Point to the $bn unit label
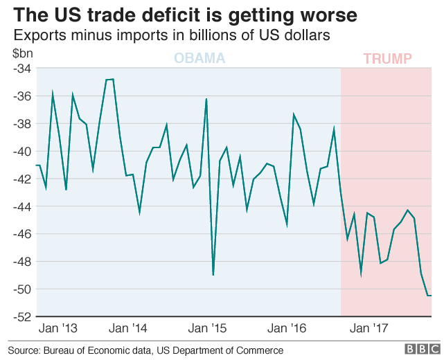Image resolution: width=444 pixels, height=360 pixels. pyautogui.click(x=22, y=53)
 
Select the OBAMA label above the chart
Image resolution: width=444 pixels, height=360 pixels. pyautogui.click(x=199, y=58)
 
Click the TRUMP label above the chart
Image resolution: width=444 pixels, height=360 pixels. pyautogui.click(x=387, y=59)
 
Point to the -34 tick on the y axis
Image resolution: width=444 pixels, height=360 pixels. pyautogui.click(x=21, y=69)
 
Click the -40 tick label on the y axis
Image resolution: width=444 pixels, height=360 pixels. pyautogui.click(x=21, y=151)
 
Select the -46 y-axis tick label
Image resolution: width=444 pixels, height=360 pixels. pyautogui.click(x=21, y=234)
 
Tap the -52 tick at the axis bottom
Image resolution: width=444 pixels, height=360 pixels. pyautogui.click(x=21, y=316)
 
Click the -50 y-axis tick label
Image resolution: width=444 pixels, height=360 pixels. pyautogui.click(x=21, y=289)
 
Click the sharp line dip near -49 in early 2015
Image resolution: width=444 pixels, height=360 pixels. pyautogui.click(x=213, y=275)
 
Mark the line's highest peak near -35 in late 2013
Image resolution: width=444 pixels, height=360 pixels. pyautogui.click(x=109, y=79)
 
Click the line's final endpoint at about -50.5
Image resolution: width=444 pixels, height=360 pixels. pyautogui.click(x=432, y=296)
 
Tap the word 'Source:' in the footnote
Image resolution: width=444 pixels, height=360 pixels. pyautogui.click(x=24, y=350)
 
